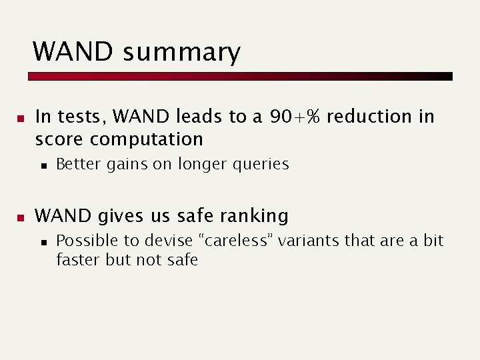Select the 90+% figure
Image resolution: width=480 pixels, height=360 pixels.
(295, 117)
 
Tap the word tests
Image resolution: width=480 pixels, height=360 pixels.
(82, 117)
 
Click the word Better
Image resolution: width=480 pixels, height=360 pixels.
(77, 164)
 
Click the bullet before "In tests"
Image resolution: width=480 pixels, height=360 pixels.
(21, 119)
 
